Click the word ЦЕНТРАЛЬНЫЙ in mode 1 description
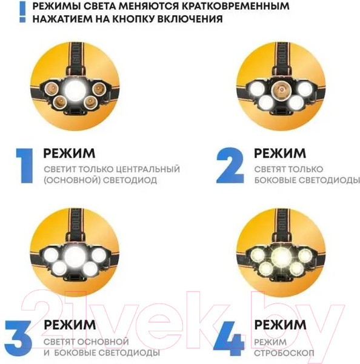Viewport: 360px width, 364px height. click(x=145, y=169)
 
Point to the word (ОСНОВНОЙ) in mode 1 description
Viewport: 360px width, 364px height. click(x=70, y=180)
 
